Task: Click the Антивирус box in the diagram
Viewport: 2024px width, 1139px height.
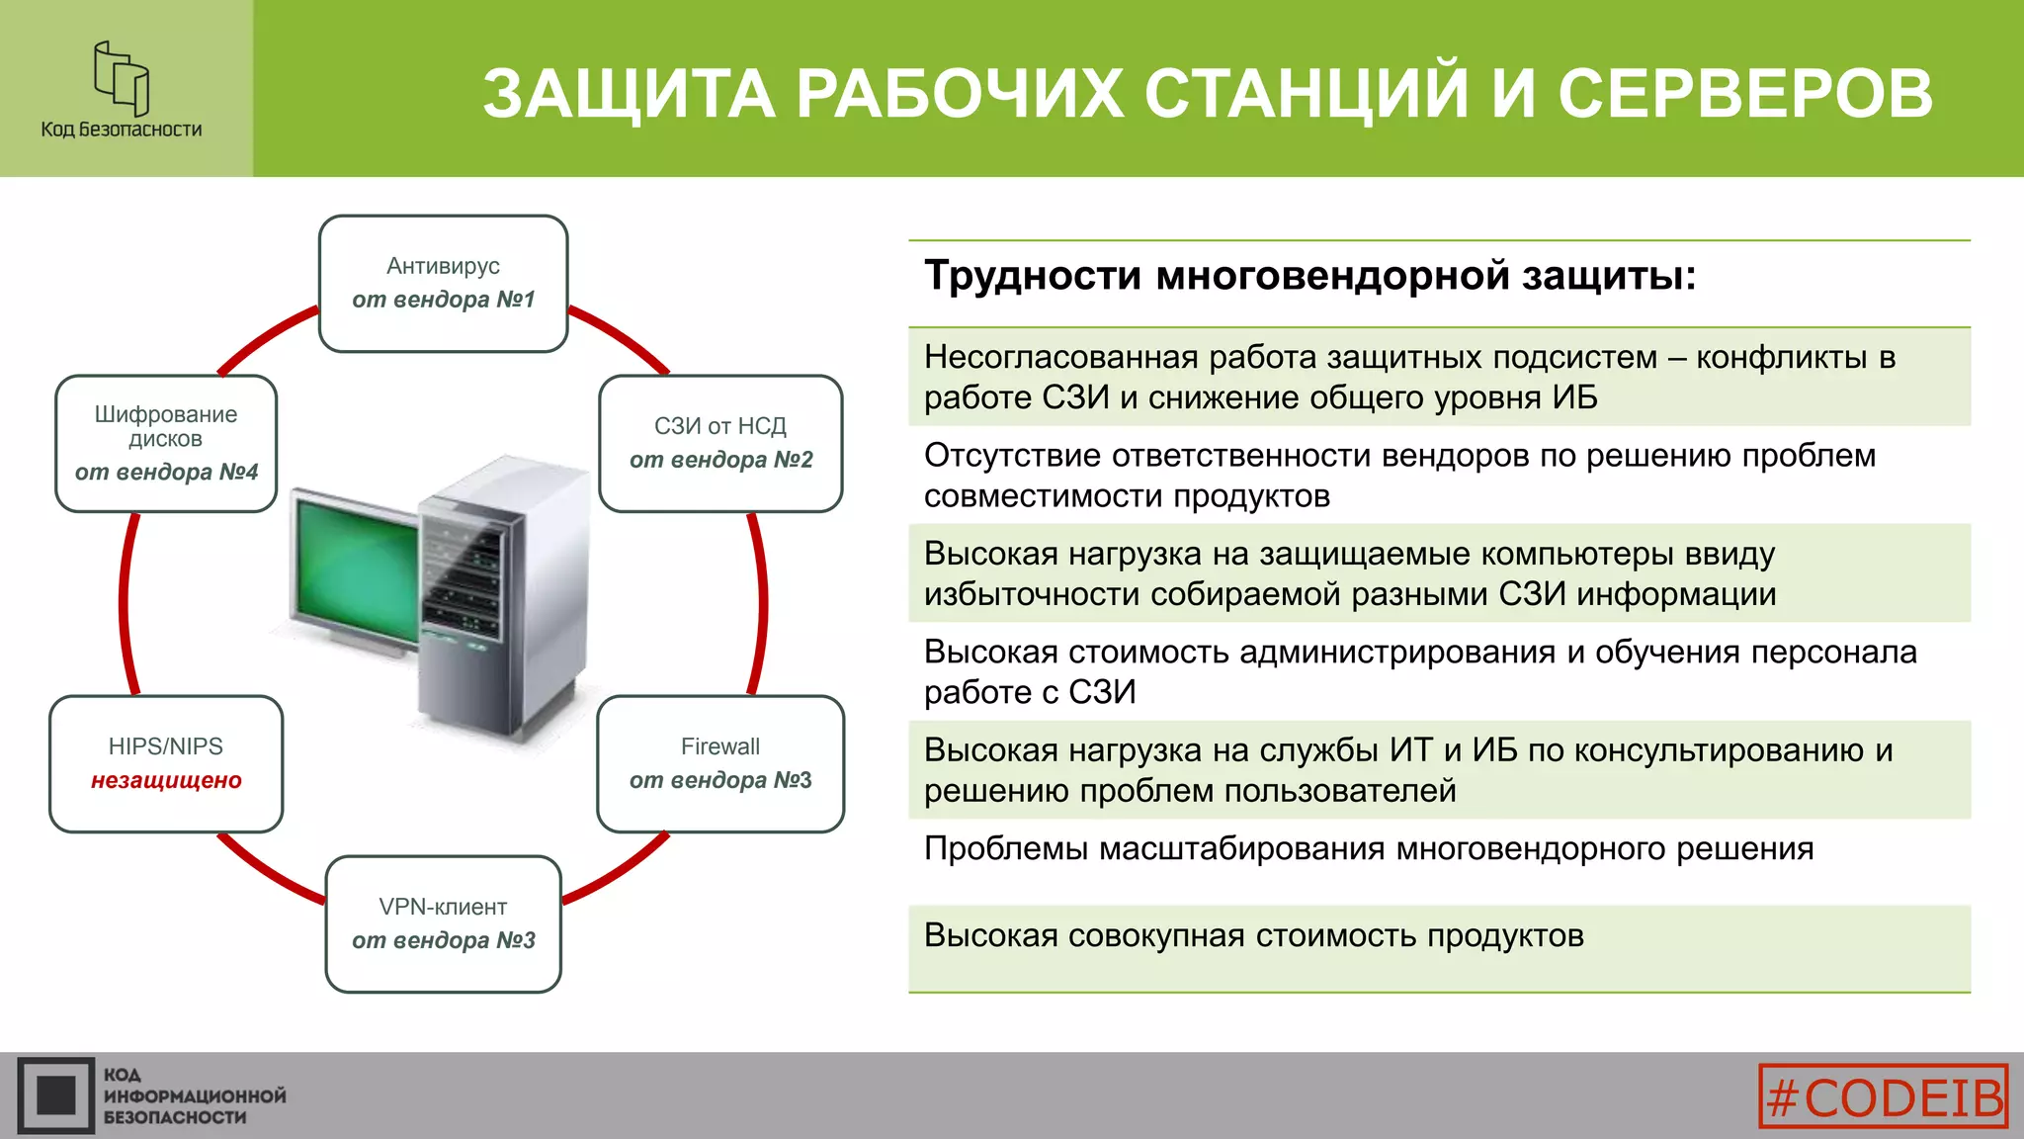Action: pos(443,284)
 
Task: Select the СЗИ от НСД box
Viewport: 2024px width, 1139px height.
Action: pos(720,444)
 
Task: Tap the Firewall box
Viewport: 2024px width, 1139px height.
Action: pos(720,764)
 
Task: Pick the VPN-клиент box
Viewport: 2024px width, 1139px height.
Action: pos(443,924)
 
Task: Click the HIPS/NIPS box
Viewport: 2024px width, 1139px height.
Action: pos(166,764)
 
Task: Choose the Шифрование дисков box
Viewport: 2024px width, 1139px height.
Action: pos(166,444)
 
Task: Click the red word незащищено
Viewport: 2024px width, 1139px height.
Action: pos(166,781)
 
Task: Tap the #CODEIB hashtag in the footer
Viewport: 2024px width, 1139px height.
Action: pos(1884,1095)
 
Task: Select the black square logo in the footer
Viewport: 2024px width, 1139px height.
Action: pos(55,1095)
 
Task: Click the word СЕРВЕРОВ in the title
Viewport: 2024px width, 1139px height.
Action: pos(1745,94)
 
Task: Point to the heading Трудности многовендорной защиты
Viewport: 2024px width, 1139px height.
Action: pos(1309,275)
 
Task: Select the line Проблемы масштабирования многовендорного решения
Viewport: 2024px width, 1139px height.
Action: pos(1369,849)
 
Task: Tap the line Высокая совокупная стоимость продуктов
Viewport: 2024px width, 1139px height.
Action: pos(1253,935)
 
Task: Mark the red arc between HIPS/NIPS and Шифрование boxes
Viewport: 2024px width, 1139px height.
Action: pos(125,603)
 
